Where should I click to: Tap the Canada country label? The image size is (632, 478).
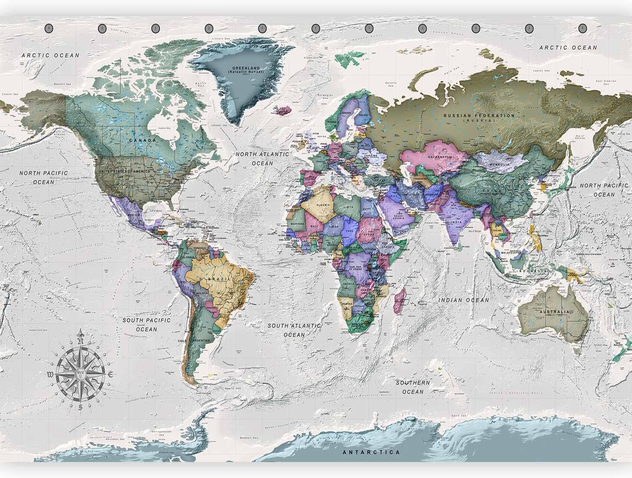click(142, 140)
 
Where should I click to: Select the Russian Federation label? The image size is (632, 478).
click(479, 115)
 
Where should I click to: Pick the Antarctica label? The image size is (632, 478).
click(371, 452)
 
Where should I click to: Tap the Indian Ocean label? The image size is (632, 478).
click(463, 300)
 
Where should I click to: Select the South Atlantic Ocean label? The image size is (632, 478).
click(295, 330)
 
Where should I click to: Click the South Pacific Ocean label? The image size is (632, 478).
click(146, 325)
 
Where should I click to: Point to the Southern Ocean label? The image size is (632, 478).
click(412, 387)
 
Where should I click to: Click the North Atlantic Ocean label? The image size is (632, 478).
click(262, 158)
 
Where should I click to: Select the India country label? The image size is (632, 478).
click(456, 222)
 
